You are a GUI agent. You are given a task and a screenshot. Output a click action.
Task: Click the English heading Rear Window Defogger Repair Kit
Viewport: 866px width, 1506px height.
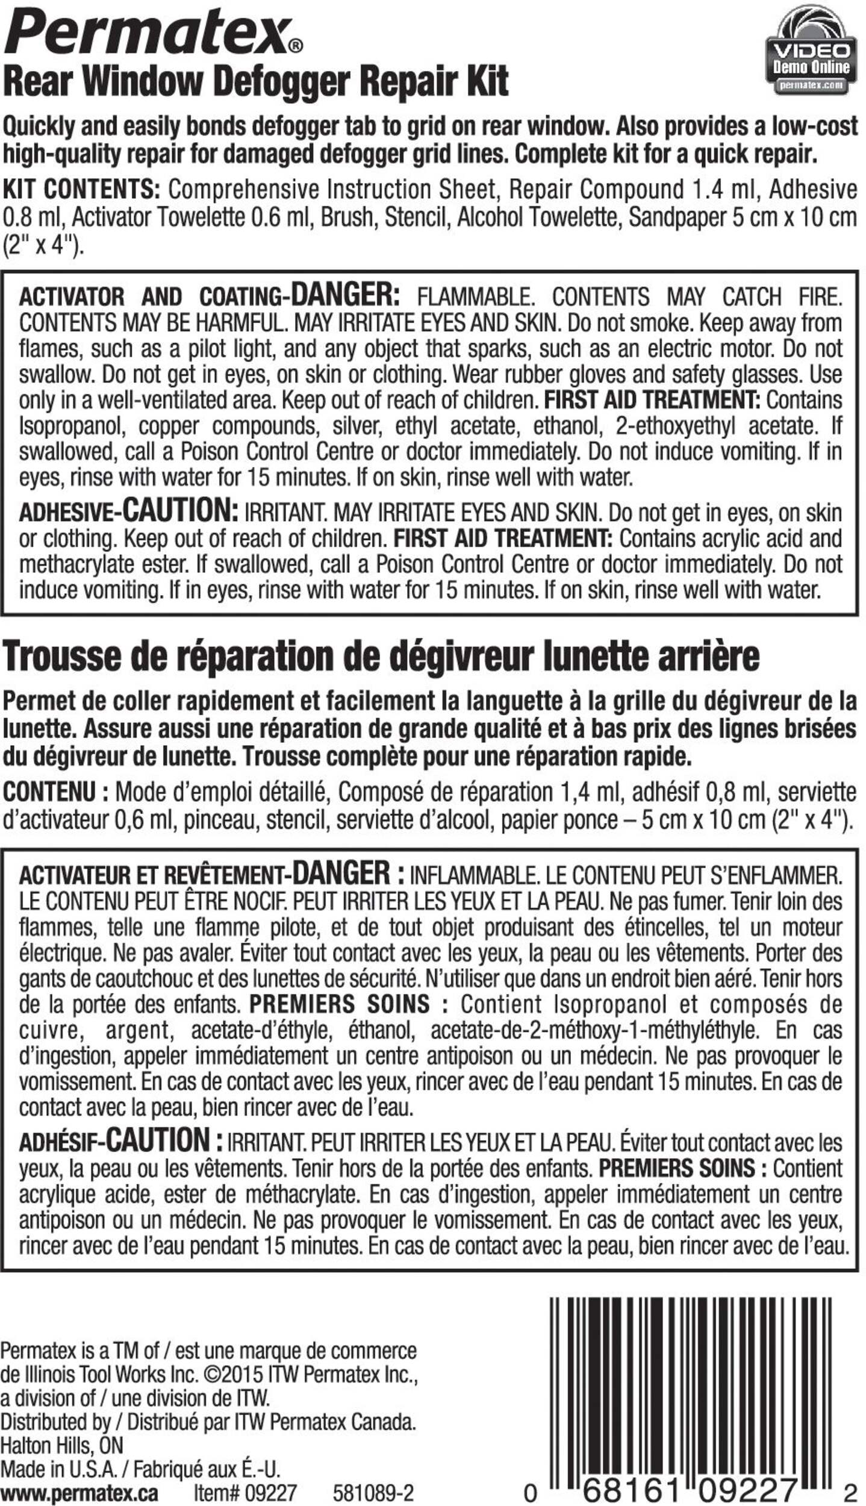(256, 81)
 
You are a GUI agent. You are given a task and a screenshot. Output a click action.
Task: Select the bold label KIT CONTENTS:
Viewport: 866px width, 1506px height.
(81, 190)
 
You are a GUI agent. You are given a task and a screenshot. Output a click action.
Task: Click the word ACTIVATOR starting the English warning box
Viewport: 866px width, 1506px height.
(72, 297)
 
